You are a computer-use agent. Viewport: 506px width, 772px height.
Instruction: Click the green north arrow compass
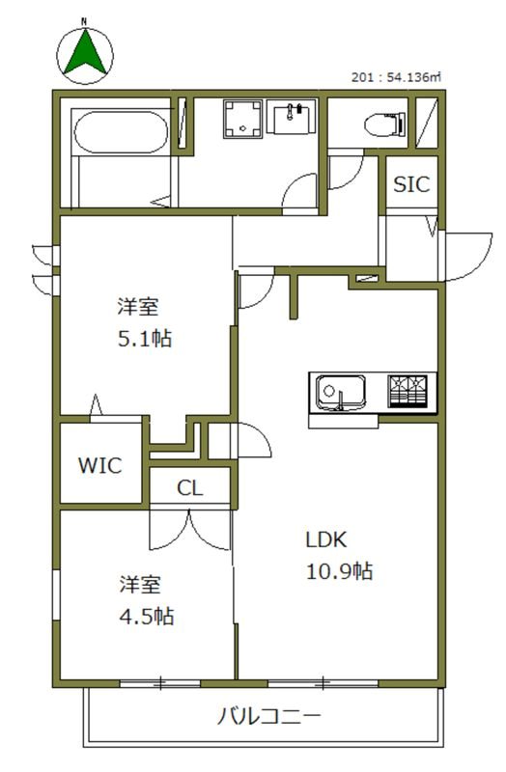coord(84,51)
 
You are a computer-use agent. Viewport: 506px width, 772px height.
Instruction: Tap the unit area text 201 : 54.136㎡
coord(397,77)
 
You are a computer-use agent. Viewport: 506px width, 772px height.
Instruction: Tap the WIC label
coord(100,466)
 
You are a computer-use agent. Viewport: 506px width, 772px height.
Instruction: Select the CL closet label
coord(190,488)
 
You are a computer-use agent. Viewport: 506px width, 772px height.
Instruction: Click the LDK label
coord(325,539)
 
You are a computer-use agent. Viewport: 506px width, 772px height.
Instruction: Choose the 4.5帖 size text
coord(147,616)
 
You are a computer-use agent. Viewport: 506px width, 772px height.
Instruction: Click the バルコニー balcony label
coord(267,717)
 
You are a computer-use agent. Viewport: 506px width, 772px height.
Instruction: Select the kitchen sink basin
coord(340,394)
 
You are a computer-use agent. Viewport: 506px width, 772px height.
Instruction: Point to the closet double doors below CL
coord(191,526)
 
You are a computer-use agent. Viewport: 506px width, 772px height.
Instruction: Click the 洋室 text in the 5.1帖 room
coord(138,307)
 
